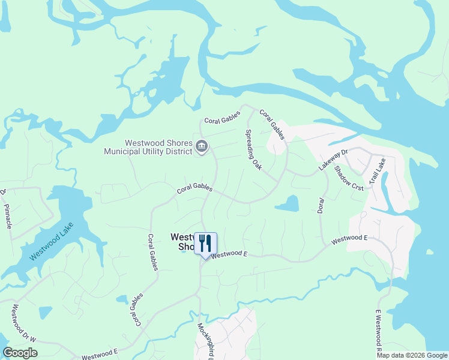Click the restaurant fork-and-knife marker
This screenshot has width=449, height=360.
tap(205, 244)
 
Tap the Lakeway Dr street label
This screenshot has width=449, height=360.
tap(333, 160)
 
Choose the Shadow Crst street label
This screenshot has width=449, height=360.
tap(349, 179)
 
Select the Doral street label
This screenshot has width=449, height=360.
tap(321, 205)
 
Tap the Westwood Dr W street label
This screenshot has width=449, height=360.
tap(24, 322)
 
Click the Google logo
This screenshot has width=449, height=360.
tap(20, 353)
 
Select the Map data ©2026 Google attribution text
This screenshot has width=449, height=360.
tap(412, 355)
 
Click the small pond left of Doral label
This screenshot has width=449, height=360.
tap(288, 204)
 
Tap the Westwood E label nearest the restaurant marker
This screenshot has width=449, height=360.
tap(229, 254)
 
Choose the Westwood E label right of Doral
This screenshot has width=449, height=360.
tap(349, 239)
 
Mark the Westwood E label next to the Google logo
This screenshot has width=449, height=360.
tap(100, 356)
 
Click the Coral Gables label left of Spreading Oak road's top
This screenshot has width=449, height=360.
tap(222, 120)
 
